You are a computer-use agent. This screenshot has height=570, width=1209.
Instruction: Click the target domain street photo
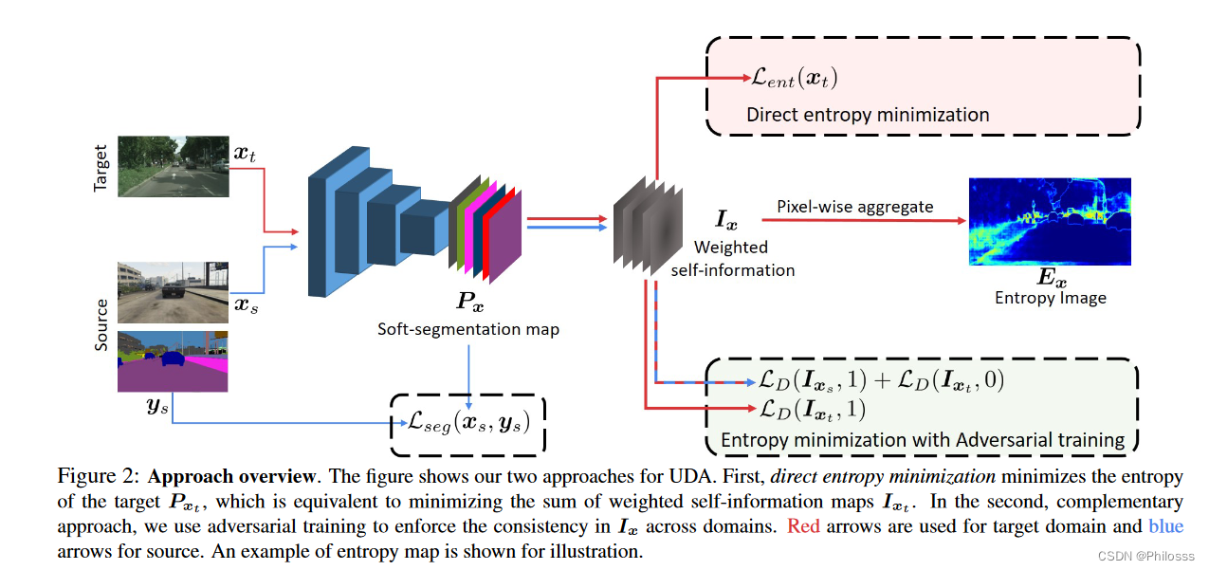174,165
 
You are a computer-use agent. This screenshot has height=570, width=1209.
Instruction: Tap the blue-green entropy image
1050,222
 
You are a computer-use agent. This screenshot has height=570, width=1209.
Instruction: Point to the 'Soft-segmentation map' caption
468,329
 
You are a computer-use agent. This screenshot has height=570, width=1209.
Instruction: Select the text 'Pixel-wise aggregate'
855,206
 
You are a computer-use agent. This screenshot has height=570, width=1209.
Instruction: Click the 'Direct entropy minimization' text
868,115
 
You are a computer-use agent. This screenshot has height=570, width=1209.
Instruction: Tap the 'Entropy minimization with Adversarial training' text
923,440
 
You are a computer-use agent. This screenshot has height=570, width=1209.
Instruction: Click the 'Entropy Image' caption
1050,297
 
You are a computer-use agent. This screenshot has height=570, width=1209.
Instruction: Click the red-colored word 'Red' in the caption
803,526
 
